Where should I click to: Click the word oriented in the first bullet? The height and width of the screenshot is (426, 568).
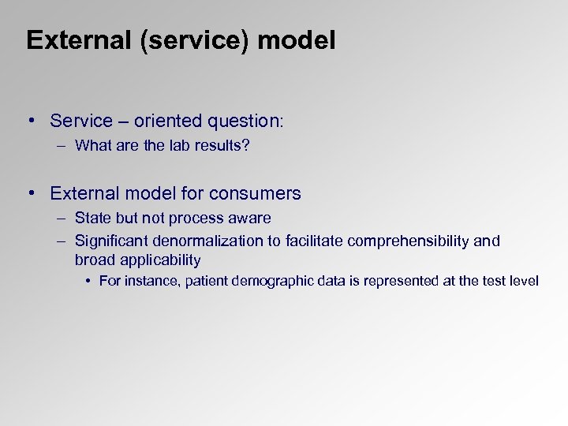click(x=165, y=121)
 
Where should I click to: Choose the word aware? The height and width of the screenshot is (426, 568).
click(x=250, y=218)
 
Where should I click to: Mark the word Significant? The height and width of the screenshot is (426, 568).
click(x=109, y=241)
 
